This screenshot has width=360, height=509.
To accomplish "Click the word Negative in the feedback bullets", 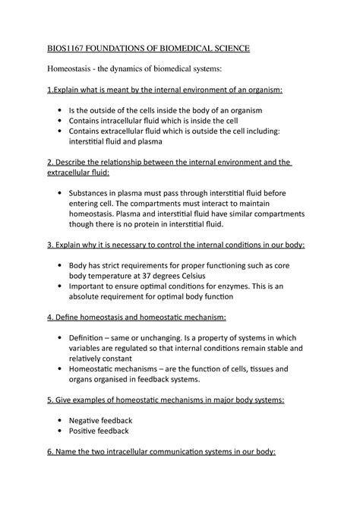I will (88, 420).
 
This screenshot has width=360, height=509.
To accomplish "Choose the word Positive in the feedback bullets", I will (87, 431).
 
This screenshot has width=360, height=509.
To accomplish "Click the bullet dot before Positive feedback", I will (59, 431).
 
